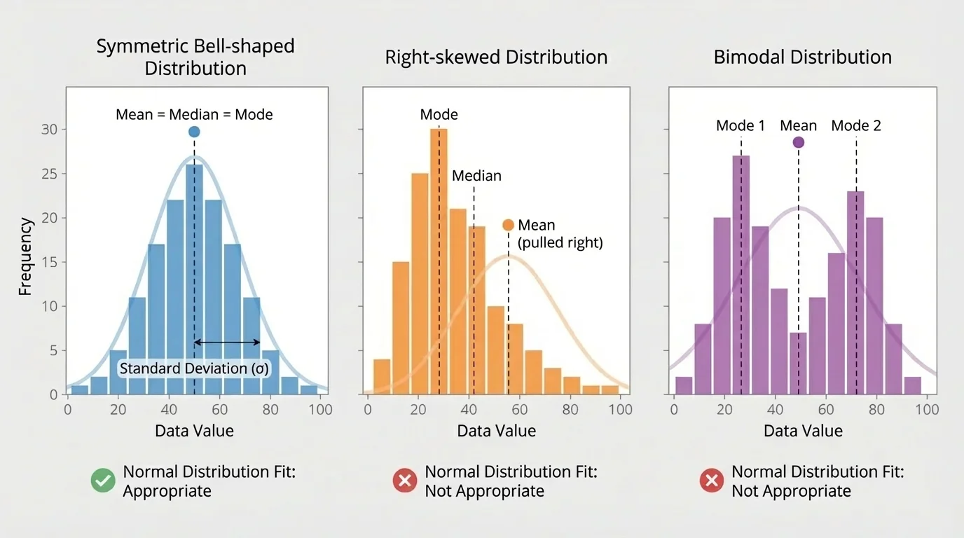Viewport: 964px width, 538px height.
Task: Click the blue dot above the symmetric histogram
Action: point(194,132)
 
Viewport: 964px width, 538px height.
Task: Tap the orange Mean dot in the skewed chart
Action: point(509,225)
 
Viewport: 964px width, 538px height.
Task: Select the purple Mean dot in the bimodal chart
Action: point(798,142)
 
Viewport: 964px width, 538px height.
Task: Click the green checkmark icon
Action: point(104,481)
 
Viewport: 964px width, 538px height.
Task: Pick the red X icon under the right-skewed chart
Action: point(404,481)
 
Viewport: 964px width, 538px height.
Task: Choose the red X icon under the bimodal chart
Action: point(712,481)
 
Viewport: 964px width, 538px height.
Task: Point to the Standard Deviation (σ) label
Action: point(194,369)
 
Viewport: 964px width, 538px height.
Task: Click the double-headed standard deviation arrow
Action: point(227,342)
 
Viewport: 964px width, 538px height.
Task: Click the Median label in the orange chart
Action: point(476,176)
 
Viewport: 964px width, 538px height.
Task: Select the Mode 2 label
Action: point(856,126)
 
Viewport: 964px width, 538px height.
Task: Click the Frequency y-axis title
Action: point(25,256)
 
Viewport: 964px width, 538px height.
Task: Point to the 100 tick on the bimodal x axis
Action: point(928,408)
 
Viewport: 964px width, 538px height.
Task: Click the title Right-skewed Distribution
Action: point(496,57)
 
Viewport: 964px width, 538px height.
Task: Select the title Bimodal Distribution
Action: point(802,57)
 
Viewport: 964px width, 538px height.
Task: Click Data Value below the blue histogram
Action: point(194,431)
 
